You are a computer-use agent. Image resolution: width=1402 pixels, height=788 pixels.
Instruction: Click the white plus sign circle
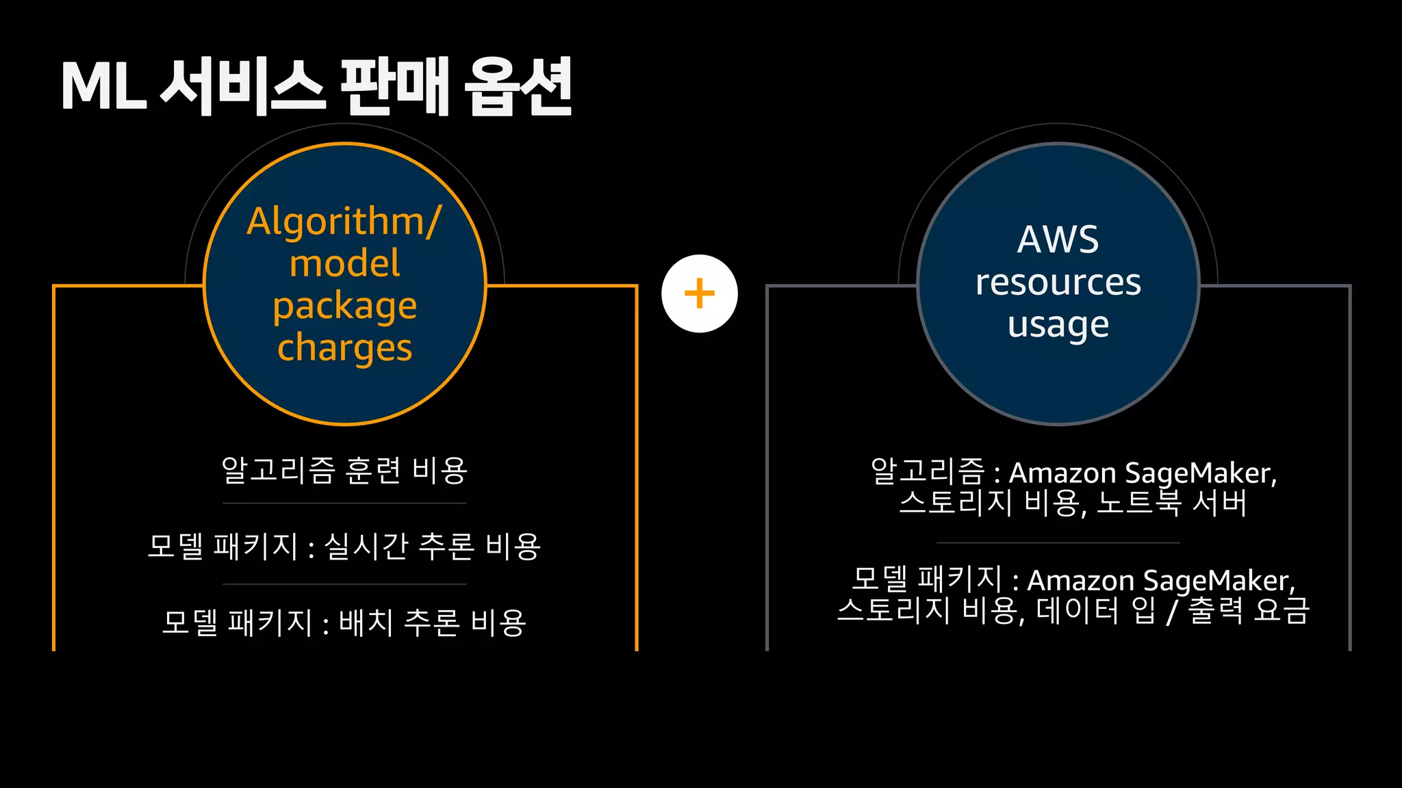point(699,294)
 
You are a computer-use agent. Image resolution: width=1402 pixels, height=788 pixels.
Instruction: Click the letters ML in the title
point(104,87)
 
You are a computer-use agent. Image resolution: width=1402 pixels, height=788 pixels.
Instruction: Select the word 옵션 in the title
point(518,87)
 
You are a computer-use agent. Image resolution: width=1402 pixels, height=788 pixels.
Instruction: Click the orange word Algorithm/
point(344,222)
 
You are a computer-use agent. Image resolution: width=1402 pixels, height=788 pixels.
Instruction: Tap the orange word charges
point(344,348)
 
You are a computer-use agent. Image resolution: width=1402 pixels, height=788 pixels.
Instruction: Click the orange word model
point(344,264)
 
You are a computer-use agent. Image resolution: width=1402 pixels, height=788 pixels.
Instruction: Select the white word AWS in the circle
point(1058,240)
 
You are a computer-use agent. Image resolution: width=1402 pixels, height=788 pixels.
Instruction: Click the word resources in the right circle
point(1058,283)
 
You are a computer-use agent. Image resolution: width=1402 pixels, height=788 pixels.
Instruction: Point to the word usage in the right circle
point(1058,325)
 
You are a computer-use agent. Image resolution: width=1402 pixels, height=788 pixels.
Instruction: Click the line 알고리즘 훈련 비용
point(344,471)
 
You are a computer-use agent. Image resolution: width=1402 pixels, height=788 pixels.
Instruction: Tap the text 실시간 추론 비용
point(432,547)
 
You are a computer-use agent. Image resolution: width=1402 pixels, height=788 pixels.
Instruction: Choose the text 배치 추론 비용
point(432,622)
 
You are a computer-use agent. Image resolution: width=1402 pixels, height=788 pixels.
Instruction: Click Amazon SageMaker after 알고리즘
point(1142,473)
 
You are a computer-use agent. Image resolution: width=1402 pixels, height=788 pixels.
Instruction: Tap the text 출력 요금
point(1248,610)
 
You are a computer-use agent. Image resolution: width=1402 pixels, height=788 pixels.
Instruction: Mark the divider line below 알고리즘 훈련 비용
point(344,503)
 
